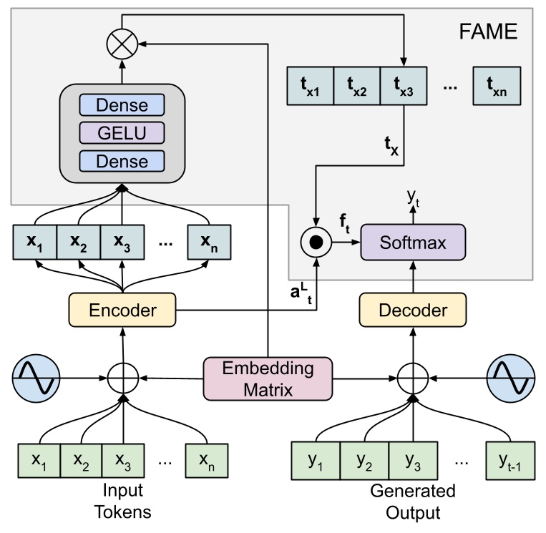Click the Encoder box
pos(122,310)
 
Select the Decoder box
pos(412,310)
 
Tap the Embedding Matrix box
pos(268,378)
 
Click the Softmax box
pos(413,243)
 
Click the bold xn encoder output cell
pos(209,243)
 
